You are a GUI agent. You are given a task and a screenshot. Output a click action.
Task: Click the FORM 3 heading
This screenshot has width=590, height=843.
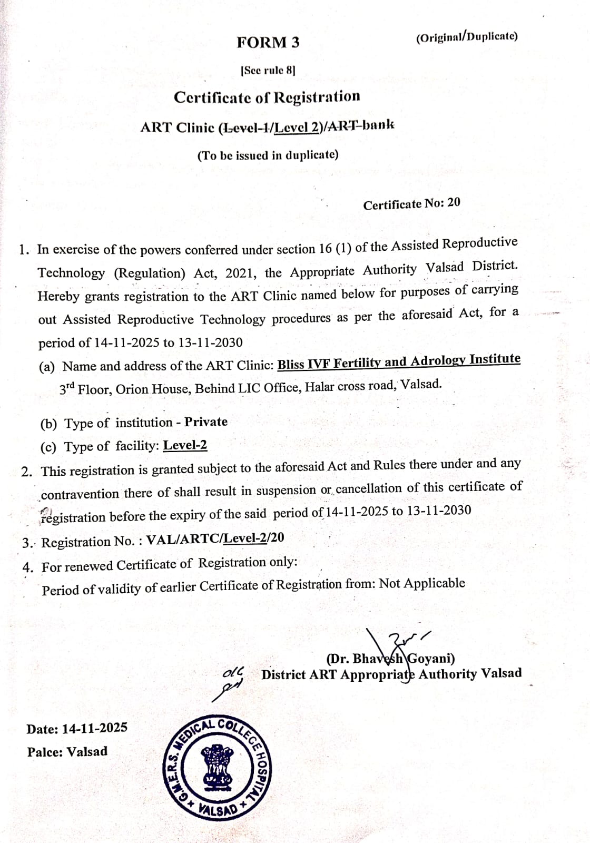tap(268, 43)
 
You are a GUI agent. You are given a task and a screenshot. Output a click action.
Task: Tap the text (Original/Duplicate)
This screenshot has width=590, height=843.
tap(466, 37)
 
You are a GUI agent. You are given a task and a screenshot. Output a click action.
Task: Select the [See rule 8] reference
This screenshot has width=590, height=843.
tap(268, 70)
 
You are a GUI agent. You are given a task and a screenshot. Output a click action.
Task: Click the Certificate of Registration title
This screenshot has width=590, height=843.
tap(267, 97)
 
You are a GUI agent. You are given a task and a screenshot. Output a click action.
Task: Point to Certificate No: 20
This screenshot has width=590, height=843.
tap(411, 204)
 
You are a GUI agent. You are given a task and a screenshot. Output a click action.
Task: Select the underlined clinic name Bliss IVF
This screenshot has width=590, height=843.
tap(399, 361)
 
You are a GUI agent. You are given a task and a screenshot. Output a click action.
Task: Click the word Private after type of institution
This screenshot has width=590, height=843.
tap(206, 422)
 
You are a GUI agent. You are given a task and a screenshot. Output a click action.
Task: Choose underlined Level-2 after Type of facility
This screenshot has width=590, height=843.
tap(185, 446)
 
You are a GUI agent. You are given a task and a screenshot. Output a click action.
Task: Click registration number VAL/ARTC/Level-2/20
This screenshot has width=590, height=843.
tap(215, 538)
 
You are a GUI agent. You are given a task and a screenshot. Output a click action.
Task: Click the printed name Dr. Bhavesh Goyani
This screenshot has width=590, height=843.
tap(390, 659)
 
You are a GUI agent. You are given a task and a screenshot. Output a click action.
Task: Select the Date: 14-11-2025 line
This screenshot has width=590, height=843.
tap(77, 729)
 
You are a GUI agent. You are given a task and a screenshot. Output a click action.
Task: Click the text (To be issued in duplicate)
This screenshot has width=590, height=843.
tap(268, 155)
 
